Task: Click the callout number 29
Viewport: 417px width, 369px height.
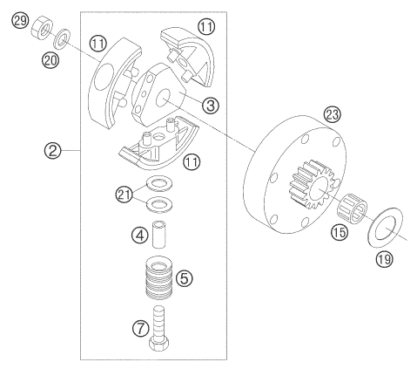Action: (x=20, y=21)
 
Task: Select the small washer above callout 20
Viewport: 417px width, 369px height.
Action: (x=61, y=38)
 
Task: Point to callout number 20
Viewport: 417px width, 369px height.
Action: (x=50, y=61)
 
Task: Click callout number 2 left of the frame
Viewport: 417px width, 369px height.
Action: (x=53, y=151)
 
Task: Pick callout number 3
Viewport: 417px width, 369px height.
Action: (x=211, y=105)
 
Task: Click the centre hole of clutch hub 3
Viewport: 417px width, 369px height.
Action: (x=163, y=98)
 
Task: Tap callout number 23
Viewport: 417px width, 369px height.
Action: (x=333, y=114)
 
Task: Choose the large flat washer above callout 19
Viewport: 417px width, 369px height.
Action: (x=386, y=228)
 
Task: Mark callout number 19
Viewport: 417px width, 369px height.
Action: (x=385, y=258)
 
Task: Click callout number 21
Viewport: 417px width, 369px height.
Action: (x=124, y=195)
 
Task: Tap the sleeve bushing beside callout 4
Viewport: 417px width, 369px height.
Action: (x=159, y=235)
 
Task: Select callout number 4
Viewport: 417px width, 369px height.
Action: (x=140, y=235)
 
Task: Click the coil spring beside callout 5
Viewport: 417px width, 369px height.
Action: (x=159, y=277)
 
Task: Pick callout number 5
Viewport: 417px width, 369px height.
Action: (x=185, y=278)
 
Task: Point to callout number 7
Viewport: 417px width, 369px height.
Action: (x=141, y=329)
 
